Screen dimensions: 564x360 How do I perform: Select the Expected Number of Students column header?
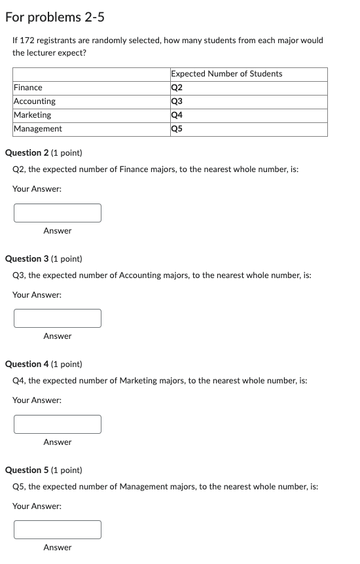click(226, 74)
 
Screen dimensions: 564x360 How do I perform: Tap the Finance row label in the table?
click(28, 88)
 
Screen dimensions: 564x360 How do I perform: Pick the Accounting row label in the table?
click(35, 101)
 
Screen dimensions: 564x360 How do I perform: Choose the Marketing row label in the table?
click(33, 115)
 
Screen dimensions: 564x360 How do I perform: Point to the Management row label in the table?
click(38, 129)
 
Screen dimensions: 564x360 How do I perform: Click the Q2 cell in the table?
click(177, 88)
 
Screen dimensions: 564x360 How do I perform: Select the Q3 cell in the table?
click(177, 101)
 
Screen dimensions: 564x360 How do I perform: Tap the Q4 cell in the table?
click(177, 115)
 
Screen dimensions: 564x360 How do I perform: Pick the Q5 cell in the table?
click(177, 129)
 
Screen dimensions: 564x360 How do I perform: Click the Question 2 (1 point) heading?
click(44, 153)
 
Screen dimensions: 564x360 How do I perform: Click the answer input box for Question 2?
click(58, 213)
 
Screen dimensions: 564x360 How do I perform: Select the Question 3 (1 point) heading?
click(44, 259)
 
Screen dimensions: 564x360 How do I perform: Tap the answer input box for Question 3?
click(58, 318)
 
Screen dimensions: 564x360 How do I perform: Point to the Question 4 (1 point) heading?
click(44, 364)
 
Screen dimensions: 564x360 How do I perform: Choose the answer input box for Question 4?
click(58, 424)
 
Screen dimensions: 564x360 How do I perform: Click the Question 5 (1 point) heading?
click(44, 470)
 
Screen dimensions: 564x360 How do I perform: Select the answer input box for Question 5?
click(58, 529)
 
